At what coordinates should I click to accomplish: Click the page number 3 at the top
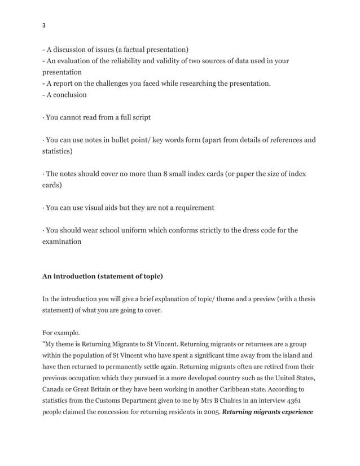pos(44,25)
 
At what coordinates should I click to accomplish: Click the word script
pos(139,117)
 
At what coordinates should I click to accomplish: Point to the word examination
pos(62,241)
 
